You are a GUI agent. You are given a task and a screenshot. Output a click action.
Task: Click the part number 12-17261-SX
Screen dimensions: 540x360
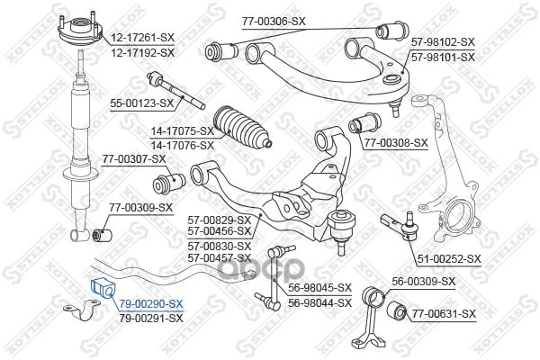(x=142, y=38)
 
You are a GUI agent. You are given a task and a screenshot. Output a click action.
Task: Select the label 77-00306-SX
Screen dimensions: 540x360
(x=274, y=22)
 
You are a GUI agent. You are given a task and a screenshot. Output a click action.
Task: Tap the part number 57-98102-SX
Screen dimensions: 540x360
(x=443, y=42)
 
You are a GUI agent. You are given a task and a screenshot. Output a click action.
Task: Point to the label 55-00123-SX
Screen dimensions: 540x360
(x=142, y=103)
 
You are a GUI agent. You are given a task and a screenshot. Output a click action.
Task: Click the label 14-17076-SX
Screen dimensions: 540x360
(x=183, y=146)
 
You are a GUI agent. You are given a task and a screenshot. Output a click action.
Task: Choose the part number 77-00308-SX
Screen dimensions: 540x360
(x=396, y=143)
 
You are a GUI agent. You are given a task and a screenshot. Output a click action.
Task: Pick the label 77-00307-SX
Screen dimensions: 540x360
(x=134, y=159)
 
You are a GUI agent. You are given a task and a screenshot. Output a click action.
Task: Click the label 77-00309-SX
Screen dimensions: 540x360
(x=141, y=208)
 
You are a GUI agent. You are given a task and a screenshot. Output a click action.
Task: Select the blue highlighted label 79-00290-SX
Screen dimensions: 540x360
(x=151, y=304)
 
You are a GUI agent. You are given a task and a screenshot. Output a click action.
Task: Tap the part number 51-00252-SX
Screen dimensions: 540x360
(x=449, y=259)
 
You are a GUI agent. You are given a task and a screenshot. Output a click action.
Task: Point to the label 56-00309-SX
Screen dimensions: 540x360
(x=424, y=282)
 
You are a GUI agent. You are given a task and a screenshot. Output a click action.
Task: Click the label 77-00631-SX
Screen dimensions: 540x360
(x=445, y=314)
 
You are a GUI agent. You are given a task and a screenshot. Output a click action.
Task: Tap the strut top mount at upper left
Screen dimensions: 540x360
(x=80, y=30)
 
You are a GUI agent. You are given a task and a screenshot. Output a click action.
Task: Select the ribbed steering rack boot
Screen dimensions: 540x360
(x=243, y=128)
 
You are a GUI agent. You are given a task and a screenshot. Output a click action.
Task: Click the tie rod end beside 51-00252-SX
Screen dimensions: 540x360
(x=400, y=226)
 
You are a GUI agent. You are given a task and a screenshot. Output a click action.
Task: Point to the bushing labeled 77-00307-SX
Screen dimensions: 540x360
(x=169, y=183)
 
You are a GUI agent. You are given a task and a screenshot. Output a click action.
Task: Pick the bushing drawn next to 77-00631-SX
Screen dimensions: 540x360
(x=397, y=310)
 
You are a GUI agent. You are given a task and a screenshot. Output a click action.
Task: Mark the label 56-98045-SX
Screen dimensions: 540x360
(x=319, y=288)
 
